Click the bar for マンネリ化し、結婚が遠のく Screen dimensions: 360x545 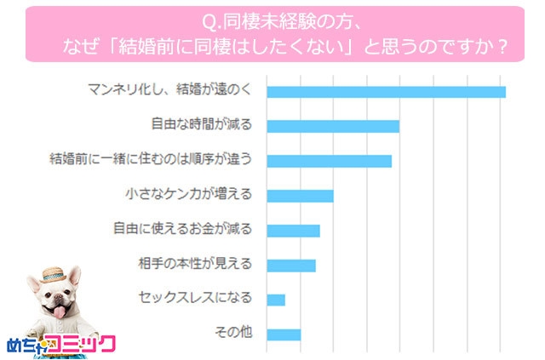click(386, 92)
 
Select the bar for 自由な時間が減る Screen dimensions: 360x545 click(333, 127)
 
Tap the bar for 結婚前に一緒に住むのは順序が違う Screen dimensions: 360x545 click(329, 161)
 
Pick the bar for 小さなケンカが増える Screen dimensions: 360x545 click(300, 196)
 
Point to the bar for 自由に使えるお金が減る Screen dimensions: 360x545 click(293, 231)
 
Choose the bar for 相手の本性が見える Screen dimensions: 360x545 click(291, 266)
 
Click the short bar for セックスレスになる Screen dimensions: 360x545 click(276, 300)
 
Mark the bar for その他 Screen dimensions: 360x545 click(284, 334)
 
